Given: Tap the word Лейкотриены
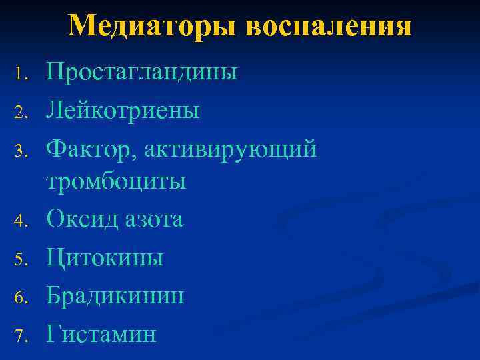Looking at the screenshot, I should tap(123, 110).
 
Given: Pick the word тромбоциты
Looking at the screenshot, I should tap(115, 181).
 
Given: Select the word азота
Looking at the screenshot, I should tap(154, 219).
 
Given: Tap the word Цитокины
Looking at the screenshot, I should tap(105, 257).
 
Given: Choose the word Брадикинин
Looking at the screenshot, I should tap(115, 295).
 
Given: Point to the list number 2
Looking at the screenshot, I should tap(20, 111).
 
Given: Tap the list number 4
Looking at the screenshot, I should tap(20, 220).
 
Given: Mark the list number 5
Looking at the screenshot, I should tap(20, 258).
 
